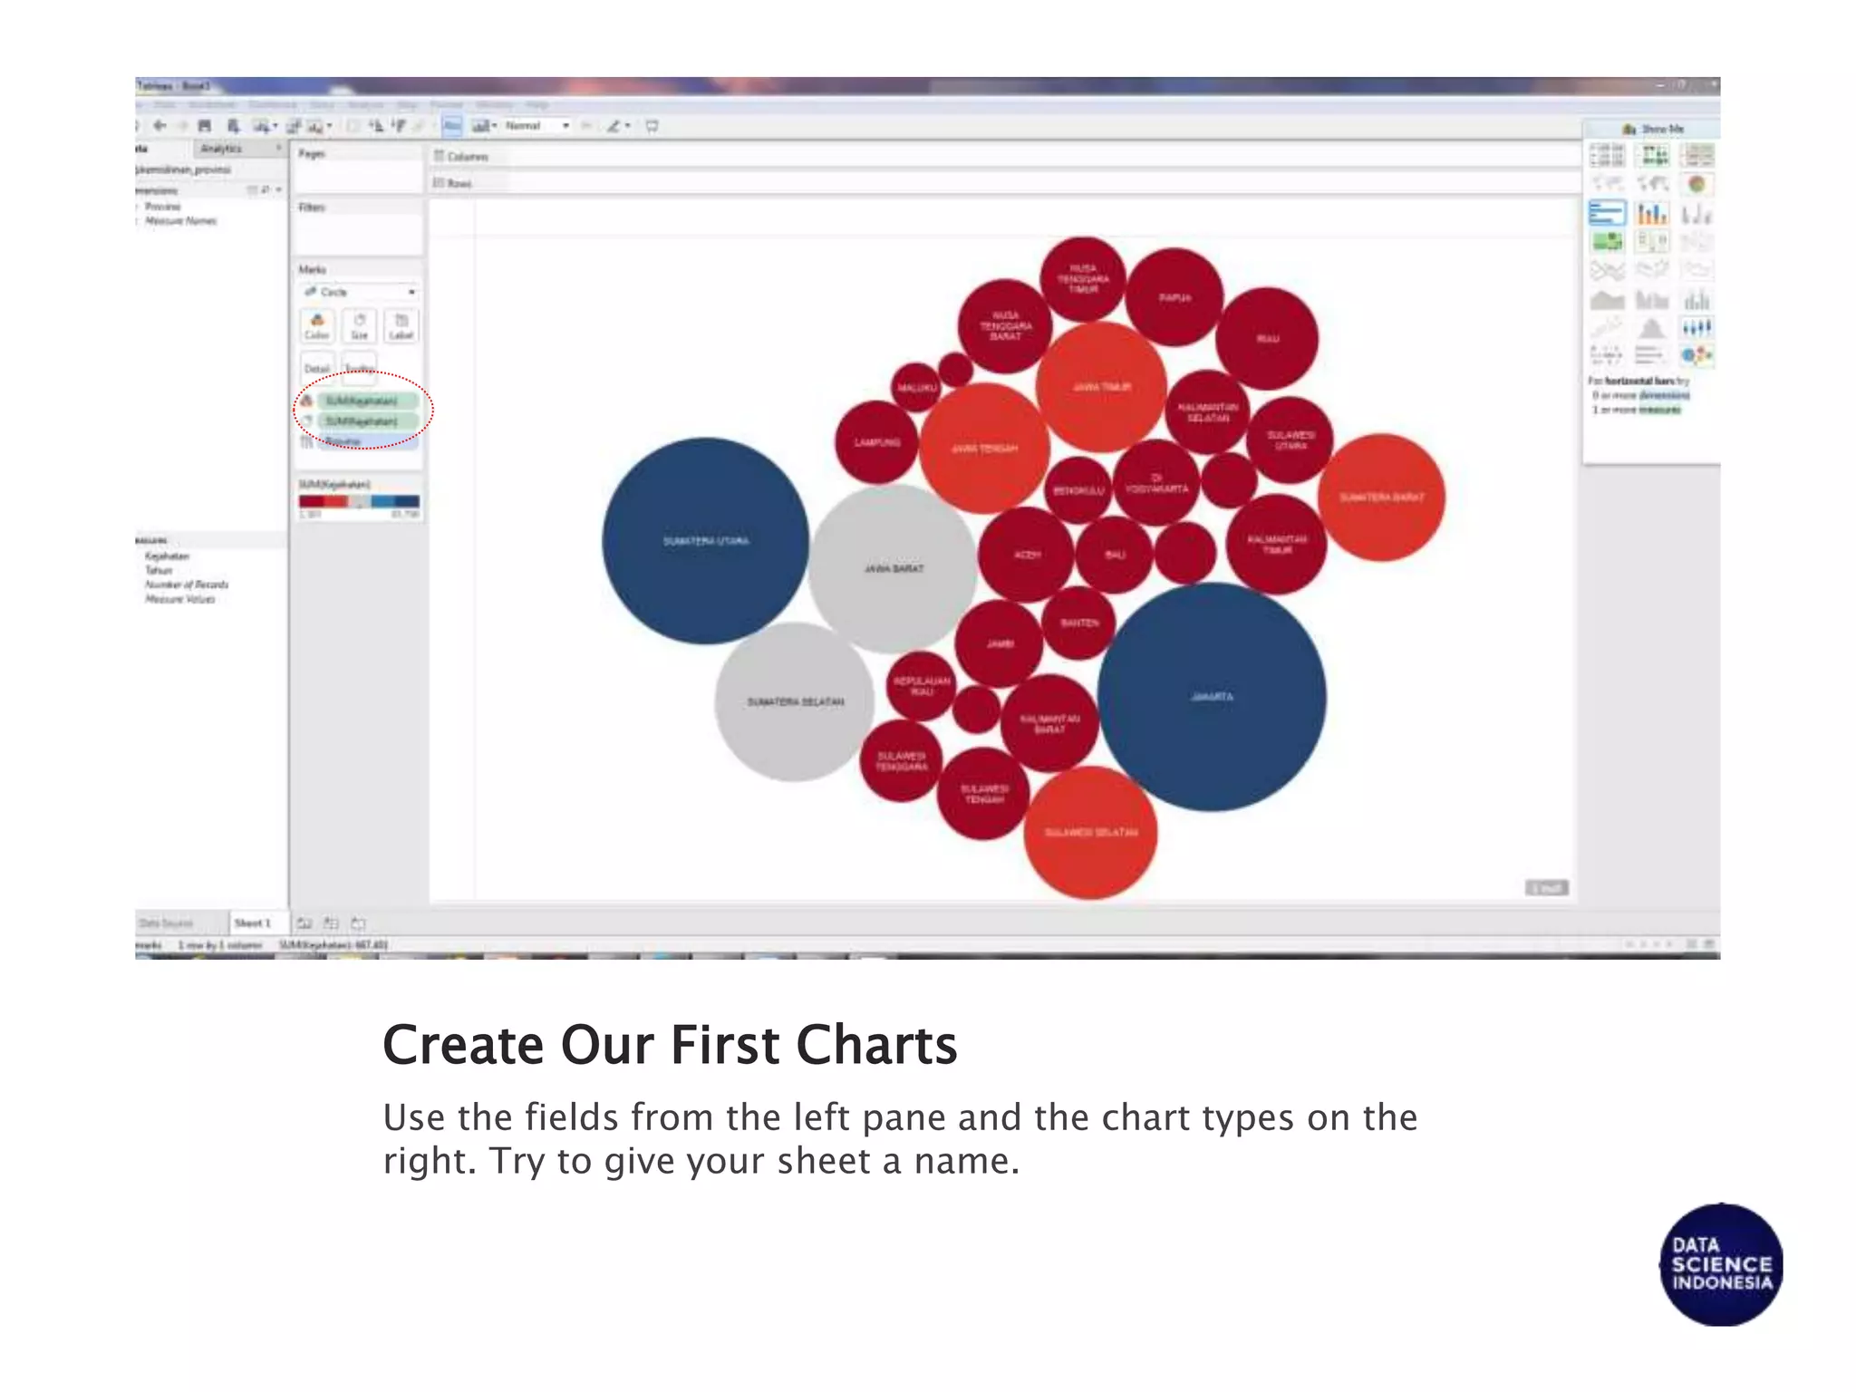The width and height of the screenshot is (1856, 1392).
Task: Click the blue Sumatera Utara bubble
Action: pos(705,541)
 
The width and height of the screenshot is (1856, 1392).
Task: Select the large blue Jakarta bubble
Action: pos(1212,697)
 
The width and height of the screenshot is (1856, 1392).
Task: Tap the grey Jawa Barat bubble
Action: pos(894,568)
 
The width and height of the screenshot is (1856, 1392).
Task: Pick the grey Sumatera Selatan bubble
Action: pos(795,701)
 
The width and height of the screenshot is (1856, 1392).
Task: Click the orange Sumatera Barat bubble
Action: pos(1381,498)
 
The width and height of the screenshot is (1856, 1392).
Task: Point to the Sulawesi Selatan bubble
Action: pos(1090,832)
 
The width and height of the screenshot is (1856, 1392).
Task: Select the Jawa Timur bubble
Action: pos(1101,387)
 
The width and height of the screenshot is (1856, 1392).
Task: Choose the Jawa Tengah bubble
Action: pos(984,449)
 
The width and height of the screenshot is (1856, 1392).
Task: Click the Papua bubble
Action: pos(1174,297)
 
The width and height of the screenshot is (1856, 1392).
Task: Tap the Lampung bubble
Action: pos(876,442)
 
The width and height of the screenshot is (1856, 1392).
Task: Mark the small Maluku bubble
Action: pos(916,387)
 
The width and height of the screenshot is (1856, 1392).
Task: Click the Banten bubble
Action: pos(1078,623)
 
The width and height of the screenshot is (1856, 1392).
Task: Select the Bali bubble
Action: pos(1115,554)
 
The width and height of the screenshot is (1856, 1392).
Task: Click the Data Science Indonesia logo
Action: pos(1721,1264)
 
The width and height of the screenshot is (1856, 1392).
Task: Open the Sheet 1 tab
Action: pos(253,923)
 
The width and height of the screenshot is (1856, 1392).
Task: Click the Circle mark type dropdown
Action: pos(360,292)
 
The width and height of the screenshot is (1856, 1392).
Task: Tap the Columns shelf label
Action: pos(467,157)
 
